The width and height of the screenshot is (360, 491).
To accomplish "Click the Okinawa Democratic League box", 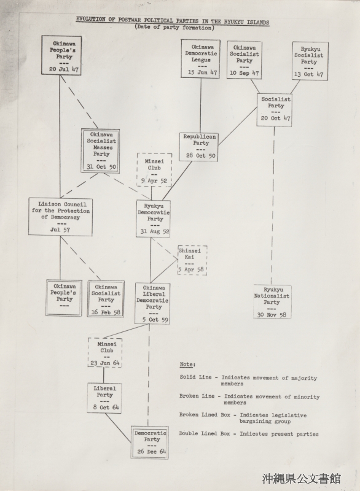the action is coord(200,59).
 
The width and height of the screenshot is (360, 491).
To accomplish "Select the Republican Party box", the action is coord(198,147).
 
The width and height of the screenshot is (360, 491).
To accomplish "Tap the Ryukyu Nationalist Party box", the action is coord(272,302).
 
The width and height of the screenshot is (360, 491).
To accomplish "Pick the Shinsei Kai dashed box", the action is coord(192,260).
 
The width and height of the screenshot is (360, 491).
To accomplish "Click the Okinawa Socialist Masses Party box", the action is coord(100,150).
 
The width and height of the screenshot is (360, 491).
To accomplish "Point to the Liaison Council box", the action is coord(60,217).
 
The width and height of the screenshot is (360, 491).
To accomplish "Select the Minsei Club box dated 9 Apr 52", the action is coord(154,170).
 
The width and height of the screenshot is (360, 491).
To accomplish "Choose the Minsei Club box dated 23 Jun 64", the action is coord(105,352).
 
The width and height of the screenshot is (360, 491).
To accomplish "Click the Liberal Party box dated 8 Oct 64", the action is coord(104,398).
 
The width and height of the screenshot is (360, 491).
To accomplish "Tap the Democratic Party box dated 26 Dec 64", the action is coord(149,443).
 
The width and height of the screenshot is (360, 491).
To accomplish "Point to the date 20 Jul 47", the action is coord(64,69).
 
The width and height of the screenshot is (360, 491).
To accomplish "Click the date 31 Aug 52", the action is coord(155,231).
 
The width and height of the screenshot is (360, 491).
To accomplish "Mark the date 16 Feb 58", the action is coord(106,312).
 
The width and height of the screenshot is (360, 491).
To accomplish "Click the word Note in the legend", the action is coord(187,365).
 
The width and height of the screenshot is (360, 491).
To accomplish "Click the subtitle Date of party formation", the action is coord(174,28).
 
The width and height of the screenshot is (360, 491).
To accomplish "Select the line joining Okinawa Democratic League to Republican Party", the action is coord(200,105).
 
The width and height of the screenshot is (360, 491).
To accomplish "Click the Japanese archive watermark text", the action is coord(302,479).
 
